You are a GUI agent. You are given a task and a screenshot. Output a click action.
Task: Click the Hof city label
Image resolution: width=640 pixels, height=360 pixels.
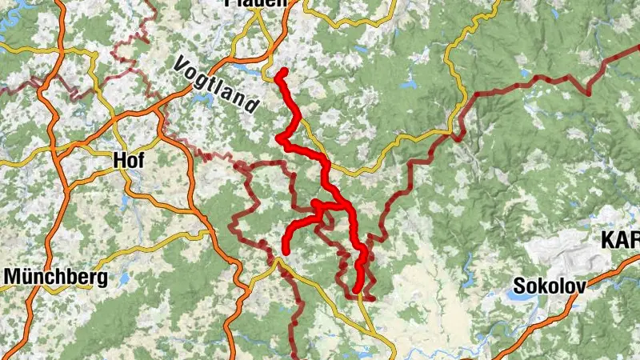pyautogui.click(x=129, y=160)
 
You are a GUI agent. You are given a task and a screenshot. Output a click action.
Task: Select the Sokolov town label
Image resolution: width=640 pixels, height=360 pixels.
pyautogui.click(x=549, y=286)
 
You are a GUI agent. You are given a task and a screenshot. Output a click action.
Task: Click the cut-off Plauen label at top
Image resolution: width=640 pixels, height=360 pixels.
pyautogui.click(x=256, y=3)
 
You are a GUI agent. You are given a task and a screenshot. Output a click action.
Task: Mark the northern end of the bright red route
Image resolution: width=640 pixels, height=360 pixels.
pyautogui.click(x=283, y=72)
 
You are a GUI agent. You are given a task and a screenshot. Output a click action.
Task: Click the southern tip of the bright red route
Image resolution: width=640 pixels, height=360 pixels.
pyautogui.click(x=357, y=290)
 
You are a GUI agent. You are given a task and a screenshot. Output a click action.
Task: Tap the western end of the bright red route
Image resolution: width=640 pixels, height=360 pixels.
pyautogui.click(x=286, y=251)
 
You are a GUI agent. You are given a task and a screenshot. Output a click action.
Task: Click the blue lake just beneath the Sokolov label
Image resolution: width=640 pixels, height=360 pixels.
pyautogui.click(x=512, y=295)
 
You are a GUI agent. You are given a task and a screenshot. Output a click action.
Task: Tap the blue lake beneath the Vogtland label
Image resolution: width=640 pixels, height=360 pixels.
pyautogui.click(x=200, y=101)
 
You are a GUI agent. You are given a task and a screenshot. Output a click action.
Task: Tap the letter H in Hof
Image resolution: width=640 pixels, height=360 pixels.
pyautogui.click(x=119, y=160)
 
